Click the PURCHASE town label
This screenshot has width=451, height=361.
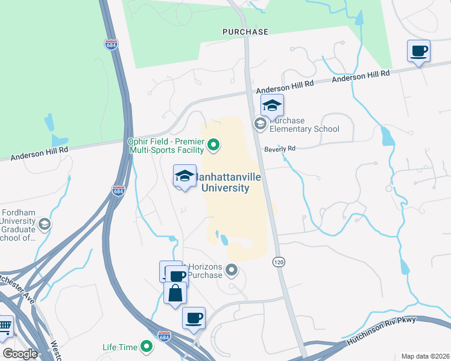(x=245, y=31)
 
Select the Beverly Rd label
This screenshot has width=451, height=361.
(x=279, y=149)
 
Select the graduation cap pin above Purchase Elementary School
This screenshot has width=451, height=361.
(x=272, y=106)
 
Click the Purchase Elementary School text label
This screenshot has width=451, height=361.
(x=304, y=125)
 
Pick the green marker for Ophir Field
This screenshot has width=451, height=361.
(x=213, y=144)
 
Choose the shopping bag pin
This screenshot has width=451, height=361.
(x=175, y=294)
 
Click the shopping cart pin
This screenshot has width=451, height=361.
(x=5, y=326)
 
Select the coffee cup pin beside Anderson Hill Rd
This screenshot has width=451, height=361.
(x=418, y=51)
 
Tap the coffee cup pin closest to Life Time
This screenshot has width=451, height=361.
(x=194, y=318)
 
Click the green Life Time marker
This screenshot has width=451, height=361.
(x=146, y=347)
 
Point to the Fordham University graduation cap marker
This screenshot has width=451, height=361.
(x=43, y=225)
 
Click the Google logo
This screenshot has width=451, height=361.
(x=19, y=354)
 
